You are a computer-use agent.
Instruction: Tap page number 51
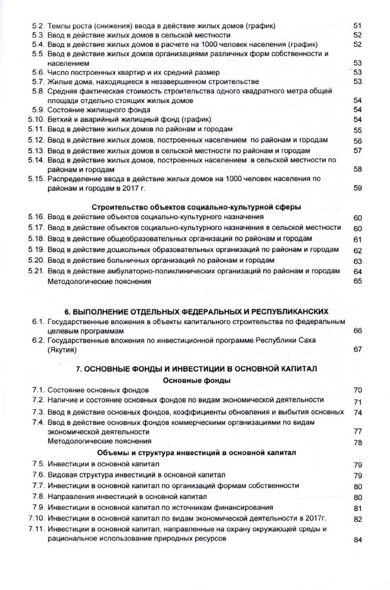(358, 25)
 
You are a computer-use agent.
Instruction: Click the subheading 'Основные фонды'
(197, 380)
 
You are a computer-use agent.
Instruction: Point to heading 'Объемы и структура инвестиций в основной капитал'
(197, 453)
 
